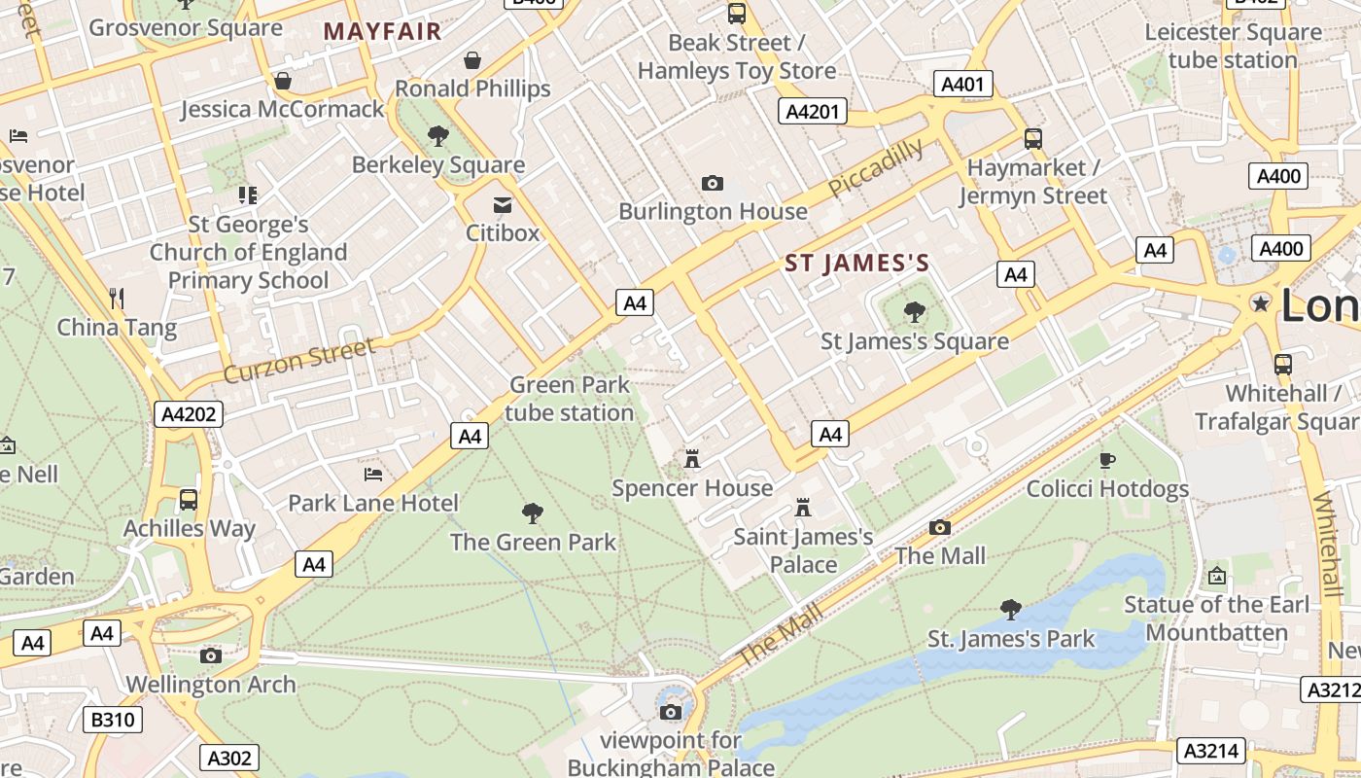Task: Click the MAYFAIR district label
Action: click(x=382, y=31)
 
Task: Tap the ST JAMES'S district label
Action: click(x=856, y=264)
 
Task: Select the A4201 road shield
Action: click(x=812, y=112)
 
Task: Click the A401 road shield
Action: click(x=963, y=85)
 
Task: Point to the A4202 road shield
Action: click(x=189, y=415)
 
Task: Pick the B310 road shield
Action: click(x=114, y=721)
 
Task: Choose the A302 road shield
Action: click(x=230, y=759)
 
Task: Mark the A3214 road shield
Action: click(x=1210, y=751)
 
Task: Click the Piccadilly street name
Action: click(x=877, y=167)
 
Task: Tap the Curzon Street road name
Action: click(x=298, y=360)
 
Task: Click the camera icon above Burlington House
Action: click(x=713, y=183)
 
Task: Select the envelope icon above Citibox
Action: click(x=503, y=205)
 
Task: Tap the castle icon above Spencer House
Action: click(x=692, y=458)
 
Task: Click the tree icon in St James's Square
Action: click(x=914, y=312)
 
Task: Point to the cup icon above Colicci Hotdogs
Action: click(x=1106, y=460)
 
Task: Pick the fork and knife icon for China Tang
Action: click(x=117, y=298)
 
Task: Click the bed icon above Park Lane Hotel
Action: click(x=372, y=475)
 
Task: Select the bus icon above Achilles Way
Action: click(x=189, y=500)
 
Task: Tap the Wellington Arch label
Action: click(x=211, y=685)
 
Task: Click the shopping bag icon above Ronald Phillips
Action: click(x=472, y=60)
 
